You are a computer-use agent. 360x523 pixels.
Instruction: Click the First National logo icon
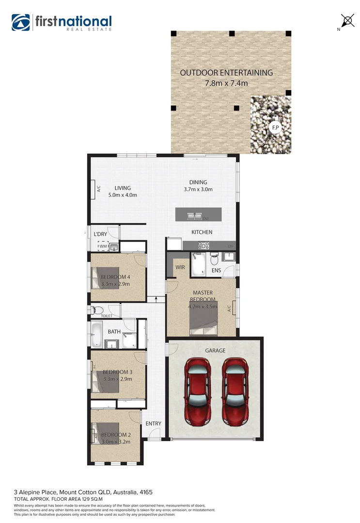click(x=21, y=22)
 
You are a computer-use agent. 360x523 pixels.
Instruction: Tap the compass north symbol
click(x=347, y=20)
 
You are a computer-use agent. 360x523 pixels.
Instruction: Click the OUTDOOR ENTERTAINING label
click(x=226, y=73)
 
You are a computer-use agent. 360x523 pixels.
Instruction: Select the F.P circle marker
click(x=275, y=128)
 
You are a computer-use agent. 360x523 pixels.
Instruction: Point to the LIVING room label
click(x=123, y=188)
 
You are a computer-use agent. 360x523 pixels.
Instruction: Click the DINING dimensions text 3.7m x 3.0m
click(x=198, y=189)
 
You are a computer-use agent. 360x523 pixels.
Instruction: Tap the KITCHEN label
click(x=202, y=232)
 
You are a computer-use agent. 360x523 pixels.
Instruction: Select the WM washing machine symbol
click(x=103, y=246)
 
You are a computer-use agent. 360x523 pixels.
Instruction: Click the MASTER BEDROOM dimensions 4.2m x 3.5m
click(x=203, y=306)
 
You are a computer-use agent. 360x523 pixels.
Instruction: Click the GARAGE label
click(x=215, y=351)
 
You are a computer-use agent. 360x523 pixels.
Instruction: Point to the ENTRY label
click(x=153, y=424)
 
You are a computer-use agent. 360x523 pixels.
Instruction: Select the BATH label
click(x=114, y=332)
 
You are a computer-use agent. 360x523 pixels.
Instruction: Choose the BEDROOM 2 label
click(x=116, y=435)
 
